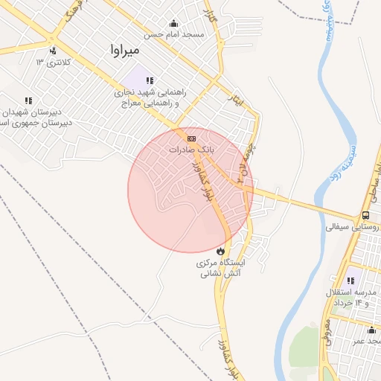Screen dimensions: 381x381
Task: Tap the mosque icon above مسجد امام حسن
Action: point(173,23)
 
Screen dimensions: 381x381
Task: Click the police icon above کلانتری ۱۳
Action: point(53,51)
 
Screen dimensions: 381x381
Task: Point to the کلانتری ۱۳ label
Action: point(51,62)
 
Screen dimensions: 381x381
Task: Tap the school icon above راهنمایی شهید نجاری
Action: point(150,80)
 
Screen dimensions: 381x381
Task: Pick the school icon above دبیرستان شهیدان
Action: point(28,100)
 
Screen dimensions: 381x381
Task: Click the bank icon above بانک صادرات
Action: point(191,138)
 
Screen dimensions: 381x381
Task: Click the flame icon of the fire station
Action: point(220,251)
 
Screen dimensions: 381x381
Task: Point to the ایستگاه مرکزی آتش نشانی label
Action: point(225,268)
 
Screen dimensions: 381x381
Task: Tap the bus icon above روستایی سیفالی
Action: point(365,214)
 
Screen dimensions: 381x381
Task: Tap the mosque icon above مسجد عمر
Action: point(371,330)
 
